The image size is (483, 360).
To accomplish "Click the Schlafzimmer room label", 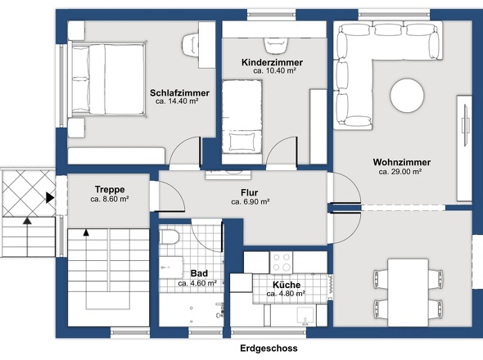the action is click(179, 92).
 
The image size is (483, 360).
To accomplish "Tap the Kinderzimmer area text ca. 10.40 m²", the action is click(274, 70).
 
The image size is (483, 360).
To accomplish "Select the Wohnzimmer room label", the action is click(402, 162).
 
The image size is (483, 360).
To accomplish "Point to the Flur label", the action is click(250, 193).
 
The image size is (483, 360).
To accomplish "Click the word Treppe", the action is click(110, 189).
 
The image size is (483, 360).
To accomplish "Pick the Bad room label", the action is click(199, 273).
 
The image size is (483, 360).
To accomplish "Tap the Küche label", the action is click(287, 285).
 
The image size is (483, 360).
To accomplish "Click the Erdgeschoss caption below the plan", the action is click(269, 349).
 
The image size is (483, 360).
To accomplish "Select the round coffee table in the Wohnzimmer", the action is click(407, 96).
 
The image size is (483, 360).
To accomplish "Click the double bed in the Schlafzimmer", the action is click(108, 79).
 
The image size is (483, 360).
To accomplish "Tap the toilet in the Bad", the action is click(169, 236).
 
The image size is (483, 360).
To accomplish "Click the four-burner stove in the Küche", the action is click(282, 263).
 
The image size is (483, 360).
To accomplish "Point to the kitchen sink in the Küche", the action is click(305, 316).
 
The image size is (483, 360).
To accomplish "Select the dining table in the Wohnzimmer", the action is click(408, 292).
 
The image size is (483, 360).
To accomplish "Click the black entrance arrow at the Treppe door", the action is click(50, 197).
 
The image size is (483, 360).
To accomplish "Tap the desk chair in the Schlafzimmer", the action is click(191, 45).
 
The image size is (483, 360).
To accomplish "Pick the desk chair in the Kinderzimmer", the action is click(276, 45).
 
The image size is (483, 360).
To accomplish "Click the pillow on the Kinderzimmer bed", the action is click(243, 142).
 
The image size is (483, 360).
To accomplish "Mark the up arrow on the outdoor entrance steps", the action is click(27, 220).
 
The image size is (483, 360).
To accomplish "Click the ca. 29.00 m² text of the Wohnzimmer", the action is click(400, 172).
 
